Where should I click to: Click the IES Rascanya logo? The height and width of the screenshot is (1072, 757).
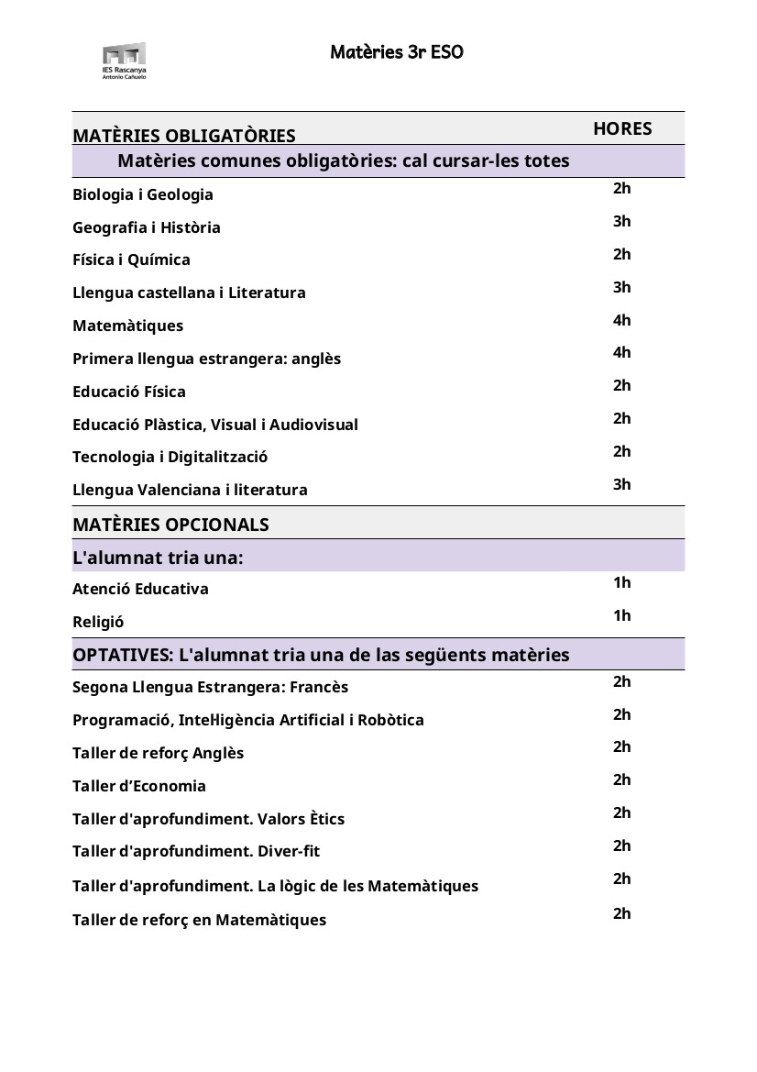pyautogui.click(x=124, y=61)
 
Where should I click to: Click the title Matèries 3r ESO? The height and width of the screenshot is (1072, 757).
pyautogui.click(x=397, y=52)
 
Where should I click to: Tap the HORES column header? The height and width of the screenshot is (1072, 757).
pyautogui.click(x=622, y=129)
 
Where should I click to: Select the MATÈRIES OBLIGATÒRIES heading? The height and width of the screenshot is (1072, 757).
pyautogui.click(x=184, y=137)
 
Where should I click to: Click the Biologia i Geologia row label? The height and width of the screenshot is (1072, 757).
pyautogui.click(x=143, y=194)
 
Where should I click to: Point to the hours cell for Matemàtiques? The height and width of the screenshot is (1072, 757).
pyautogui.click(x=622, y=320)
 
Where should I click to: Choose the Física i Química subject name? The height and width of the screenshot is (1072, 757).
pyautogui.click(x=132, y=260)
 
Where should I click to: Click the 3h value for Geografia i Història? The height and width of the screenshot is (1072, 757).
pyautogui.click(x=622, y=221)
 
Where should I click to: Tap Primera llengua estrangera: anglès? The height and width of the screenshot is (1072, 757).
pyautogui.click(x=206, y=359)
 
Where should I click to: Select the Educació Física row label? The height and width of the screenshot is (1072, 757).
pyautogui.click(x=129, y=392)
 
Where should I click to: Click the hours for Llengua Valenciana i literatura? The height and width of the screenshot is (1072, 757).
pyautogui.click(x=622, y=484)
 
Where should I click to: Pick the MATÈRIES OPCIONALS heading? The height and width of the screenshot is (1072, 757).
pyautogui.click(x=170, y=525)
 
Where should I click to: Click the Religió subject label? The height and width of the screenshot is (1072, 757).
pyautogui.click(x=98, y=622)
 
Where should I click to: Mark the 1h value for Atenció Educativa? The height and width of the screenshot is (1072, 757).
pyautogui.click(x=622, y=582)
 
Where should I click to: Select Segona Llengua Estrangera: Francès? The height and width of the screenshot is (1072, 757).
pyautogui.click(x=211, y=687)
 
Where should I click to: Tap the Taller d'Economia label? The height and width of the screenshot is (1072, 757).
pyautogui.click(x=139, y=786)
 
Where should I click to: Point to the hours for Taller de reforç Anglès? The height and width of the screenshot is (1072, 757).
pyautogui.click(x=622, y=746)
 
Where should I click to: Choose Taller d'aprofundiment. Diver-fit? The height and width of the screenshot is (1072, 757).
pyautogui.click(x=196, y=851)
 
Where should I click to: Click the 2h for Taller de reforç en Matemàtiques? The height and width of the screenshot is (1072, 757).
pyautogui.click(x=622, y=913)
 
